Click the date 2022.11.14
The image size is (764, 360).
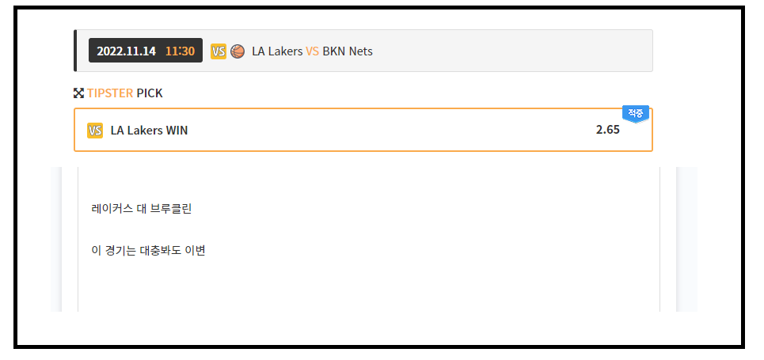click(x=126, y=51)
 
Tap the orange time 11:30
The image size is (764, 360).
click(x=180, y=51)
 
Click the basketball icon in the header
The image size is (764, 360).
click(x=238, y=51)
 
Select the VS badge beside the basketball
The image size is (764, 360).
click(x=219, y=51)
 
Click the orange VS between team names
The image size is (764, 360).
click(x=312, y=51)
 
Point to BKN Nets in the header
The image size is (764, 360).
click(x=348, y=51)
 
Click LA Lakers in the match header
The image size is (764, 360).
click(x=277, y=51)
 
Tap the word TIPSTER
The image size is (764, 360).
click(x=110, y=93)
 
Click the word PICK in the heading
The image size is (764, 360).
click(x=150, y=93)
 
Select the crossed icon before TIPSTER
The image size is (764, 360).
click(x=78, y=93)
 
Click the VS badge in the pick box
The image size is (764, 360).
click(x=95, y=131)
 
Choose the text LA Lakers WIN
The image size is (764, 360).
click(x=149, y=131)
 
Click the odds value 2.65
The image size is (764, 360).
click(x=607, y=130)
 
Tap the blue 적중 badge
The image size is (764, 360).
click(x=636, y=113)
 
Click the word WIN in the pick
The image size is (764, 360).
click(x=177, y=131)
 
